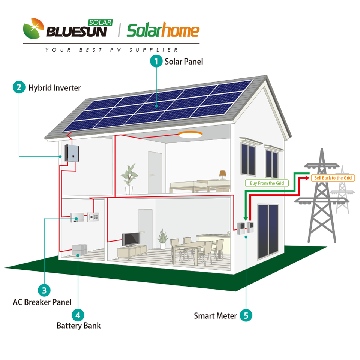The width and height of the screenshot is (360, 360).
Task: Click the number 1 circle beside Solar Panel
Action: [x=156, y=61]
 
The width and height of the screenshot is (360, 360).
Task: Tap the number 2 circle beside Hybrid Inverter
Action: [x=19, y=88]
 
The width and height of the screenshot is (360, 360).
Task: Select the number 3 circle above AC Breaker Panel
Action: [x=44, y=290]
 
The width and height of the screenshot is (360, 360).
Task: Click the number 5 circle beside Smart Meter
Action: [x=246, y=315]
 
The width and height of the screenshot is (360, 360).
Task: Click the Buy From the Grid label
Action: [x=267, y=183]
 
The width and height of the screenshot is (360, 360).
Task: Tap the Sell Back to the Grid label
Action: [x=333, y=178]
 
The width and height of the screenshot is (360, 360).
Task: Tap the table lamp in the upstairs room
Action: [x=223, y=174]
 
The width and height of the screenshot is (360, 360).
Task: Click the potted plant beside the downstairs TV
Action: [x=162, y=238]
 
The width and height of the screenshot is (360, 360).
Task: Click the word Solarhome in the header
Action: [x=163, y=31]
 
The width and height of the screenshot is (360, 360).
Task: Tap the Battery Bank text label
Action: [x=78, y=325]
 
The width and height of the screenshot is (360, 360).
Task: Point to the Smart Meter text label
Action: [x=215, y=316]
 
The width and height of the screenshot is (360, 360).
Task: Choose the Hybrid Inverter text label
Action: [x=54, y=88]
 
